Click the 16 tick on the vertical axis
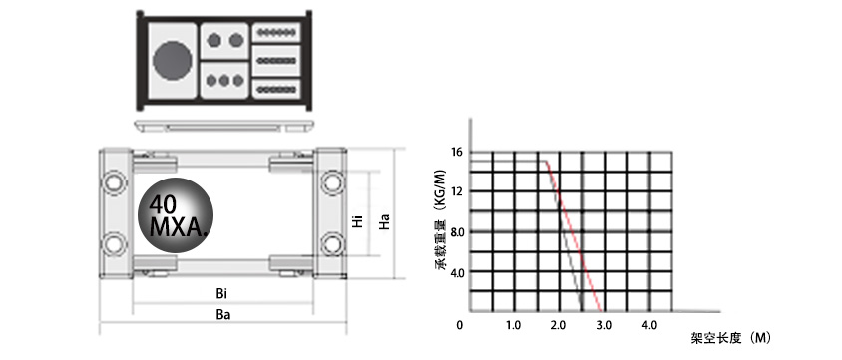[456, 153]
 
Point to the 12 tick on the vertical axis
[456, 191]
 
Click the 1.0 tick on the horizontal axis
[513, 326]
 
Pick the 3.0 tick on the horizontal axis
[603, 326]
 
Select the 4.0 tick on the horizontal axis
[648, 326]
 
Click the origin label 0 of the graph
[460, 326]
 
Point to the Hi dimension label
[357, 220]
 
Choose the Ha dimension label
[384, 220]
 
